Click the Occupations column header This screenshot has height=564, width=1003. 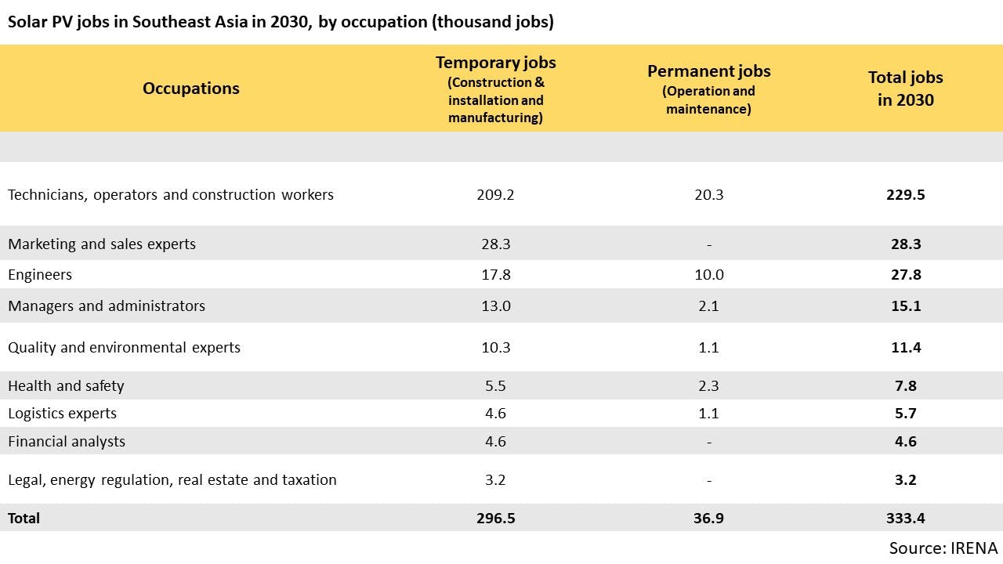(191, 88)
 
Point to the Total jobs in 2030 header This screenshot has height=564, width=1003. (905, 88)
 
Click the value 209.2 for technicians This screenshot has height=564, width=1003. (495, 194)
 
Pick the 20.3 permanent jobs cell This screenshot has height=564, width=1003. (708, 194)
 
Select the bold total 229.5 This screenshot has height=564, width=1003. (905, 194)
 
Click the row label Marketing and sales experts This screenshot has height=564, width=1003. (102, 244)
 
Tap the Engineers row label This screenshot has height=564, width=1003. (40, 275)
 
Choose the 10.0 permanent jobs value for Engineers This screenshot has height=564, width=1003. (708, 275)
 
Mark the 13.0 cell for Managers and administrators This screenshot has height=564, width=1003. (495, 305)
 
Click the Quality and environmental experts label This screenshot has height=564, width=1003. (124, 347)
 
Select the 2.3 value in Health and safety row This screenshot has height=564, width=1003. (708, 385)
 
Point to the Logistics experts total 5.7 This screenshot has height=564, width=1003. (905, 413)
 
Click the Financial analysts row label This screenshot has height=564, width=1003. (67, 441)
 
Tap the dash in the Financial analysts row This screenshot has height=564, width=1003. (708, 442)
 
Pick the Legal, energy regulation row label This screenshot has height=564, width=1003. (172, 479)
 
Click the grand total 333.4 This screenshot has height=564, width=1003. (905, 518)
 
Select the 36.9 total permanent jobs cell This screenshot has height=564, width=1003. (708, 518)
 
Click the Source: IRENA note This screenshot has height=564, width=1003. (943, 548)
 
